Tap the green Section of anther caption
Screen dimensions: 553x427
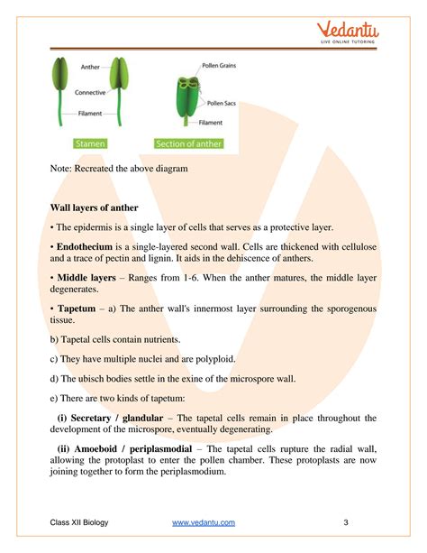[187, 143]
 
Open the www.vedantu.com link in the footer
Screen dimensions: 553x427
[204, 522]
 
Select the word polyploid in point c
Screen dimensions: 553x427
[213, 358]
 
